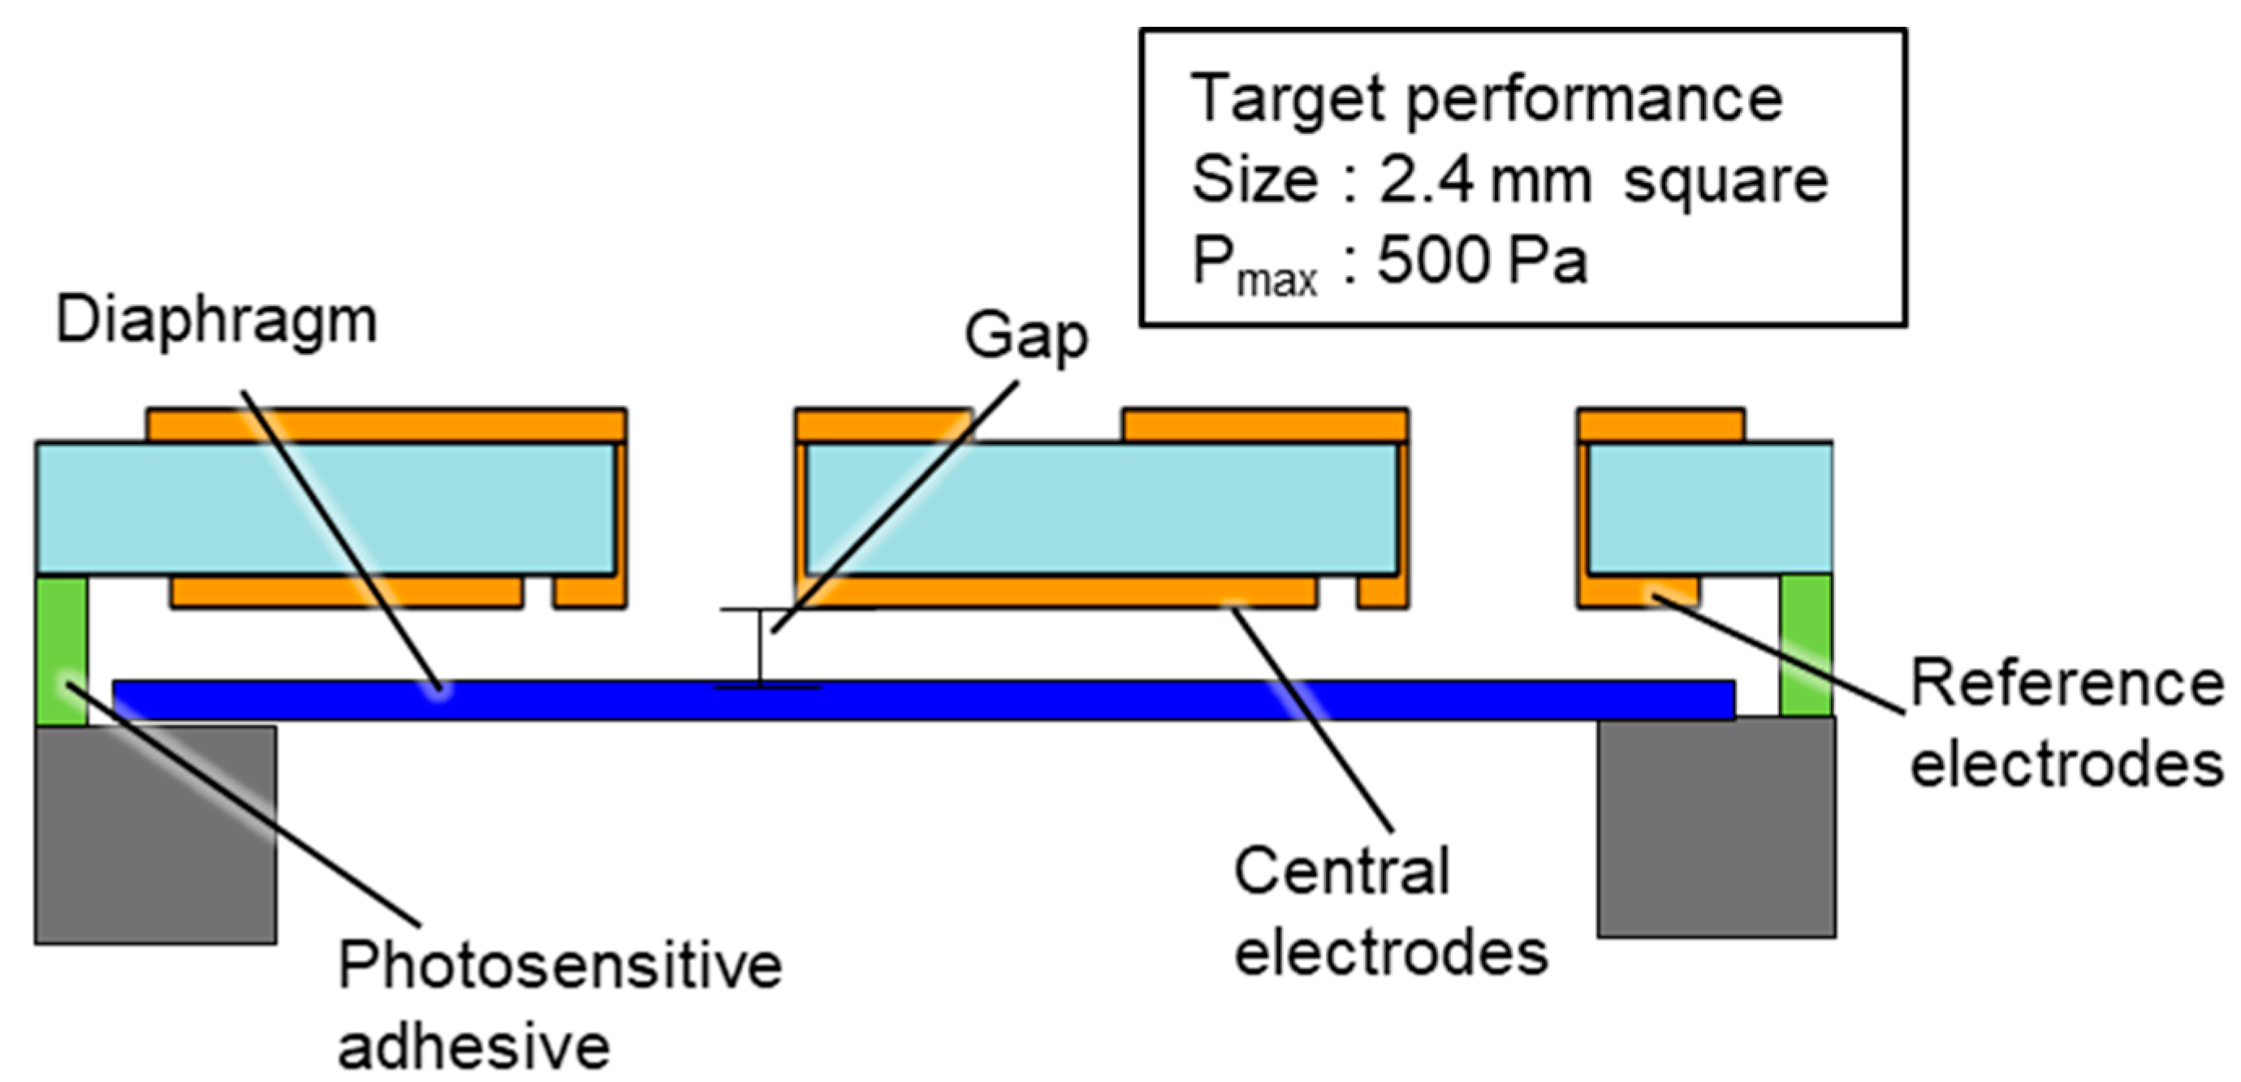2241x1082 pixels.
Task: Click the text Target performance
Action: pos(1486,99)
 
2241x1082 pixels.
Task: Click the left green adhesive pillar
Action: pos(62,649)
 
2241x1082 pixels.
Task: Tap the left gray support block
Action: pos(156,835)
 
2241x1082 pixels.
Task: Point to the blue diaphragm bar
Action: pos(922,701)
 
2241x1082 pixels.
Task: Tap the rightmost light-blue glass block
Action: pos(1709,509)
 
